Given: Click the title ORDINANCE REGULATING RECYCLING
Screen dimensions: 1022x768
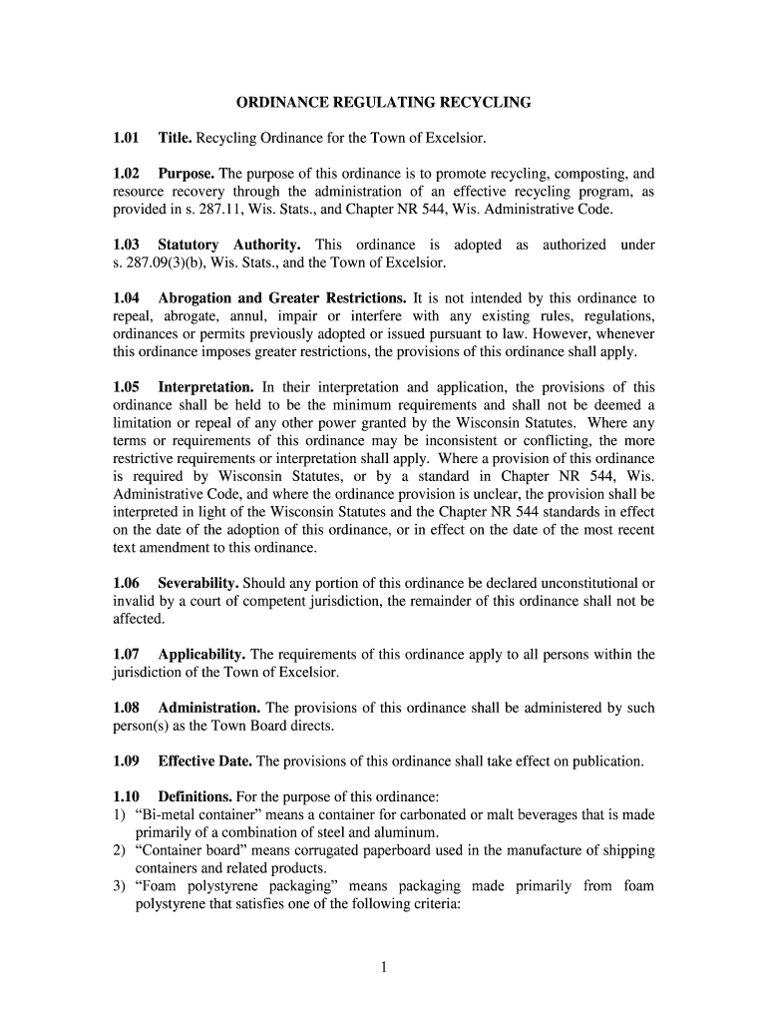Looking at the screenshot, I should [383, 102].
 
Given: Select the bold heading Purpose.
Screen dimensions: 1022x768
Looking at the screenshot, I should [188, 173].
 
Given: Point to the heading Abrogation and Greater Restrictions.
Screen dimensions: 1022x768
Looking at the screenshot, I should [282, 298].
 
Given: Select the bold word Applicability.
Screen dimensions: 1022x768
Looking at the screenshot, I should [202, 655].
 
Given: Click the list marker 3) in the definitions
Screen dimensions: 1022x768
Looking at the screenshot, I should [119, 886].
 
